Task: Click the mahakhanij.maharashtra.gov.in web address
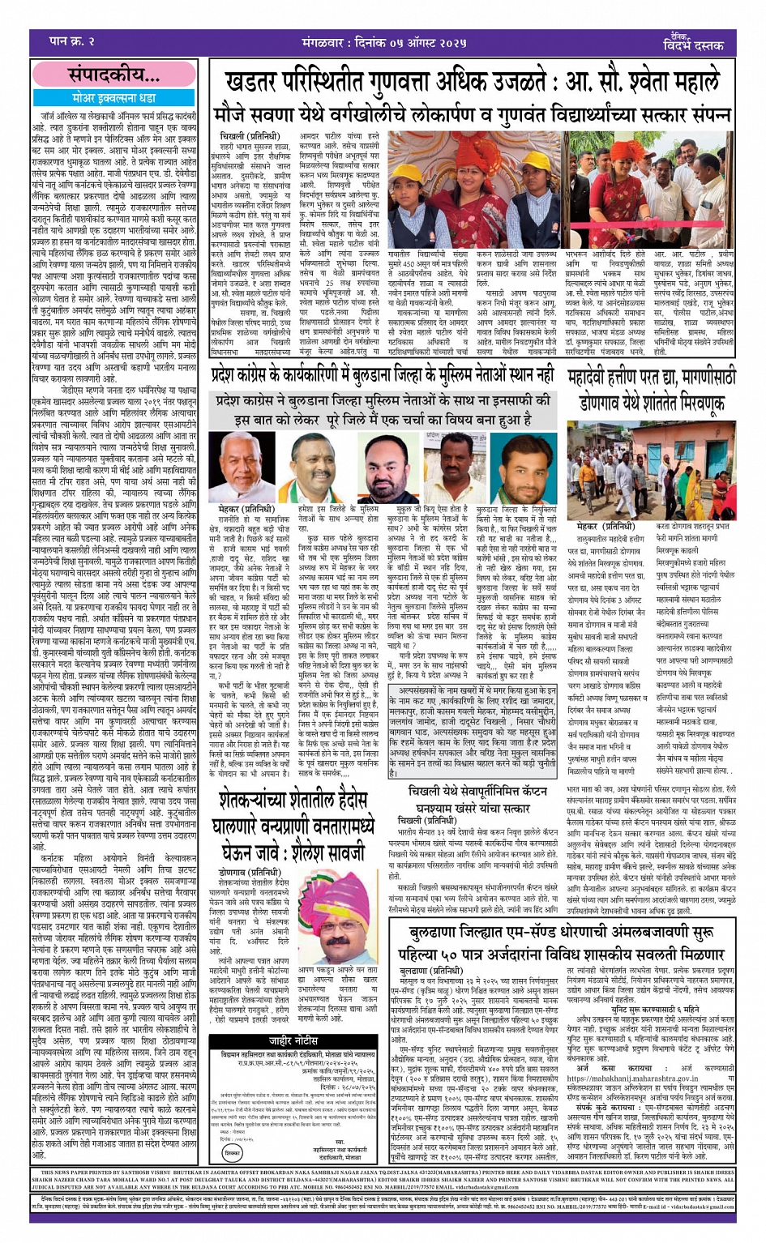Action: [627, 1078]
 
